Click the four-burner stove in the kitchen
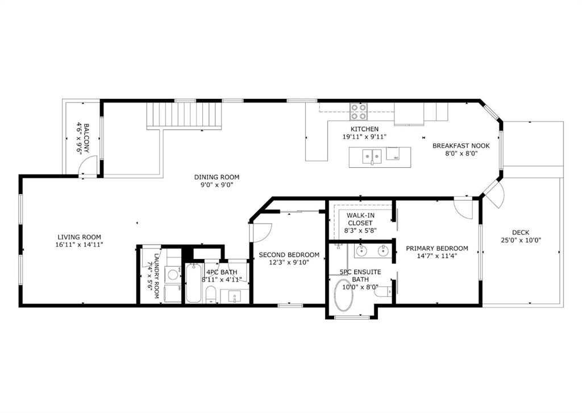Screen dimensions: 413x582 point(359,109)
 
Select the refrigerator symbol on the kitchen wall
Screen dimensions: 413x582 point(409,113)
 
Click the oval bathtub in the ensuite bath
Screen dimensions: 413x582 point(343,295)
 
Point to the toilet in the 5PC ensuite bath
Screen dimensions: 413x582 point(383,291)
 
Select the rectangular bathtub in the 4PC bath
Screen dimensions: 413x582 point(193,283)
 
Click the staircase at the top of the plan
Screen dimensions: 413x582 point(184,115)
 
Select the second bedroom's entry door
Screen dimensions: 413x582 point(262,231)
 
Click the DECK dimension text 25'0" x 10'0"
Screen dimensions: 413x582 point(520,240)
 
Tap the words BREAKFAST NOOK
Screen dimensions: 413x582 point(461,146)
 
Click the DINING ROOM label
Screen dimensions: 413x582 point(217,177)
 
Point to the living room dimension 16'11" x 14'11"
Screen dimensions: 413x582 point(79,245)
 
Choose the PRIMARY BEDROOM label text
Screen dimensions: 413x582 point(436,248)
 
